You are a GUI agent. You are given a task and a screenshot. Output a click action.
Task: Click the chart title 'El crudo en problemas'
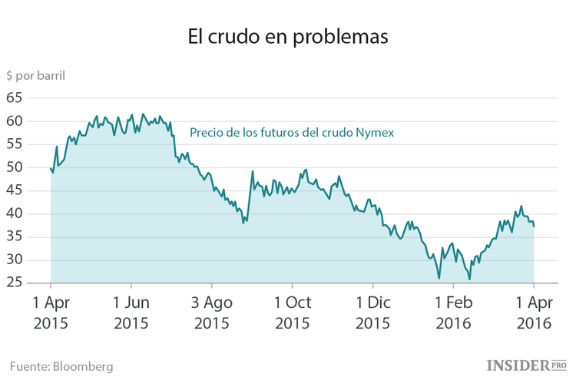click(x=288, y=36)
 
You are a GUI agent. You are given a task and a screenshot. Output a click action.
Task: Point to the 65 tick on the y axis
click(x=15, y=98)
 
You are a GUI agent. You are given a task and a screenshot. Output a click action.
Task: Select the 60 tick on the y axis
click(x=15, y=121)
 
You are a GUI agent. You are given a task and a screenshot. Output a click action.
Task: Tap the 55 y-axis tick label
click(x=15, y=144)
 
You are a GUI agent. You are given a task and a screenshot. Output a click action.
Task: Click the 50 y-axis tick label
click(x=15, y=167)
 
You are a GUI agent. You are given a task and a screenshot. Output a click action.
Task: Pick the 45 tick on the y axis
click(x=15, y=190)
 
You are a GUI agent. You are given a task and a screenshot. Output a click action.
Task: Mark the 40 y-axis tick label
click(x=15, y=213)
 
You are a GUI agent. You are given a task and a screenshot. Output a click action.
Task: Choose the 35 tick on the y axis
click(x=15, y=236)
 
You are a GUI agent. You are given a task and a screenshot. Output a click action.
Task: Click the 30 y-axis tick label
click(x=15, y=259)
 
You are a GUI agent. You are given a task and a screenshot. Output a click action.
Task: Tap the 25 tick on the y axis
click(x=15, y=283)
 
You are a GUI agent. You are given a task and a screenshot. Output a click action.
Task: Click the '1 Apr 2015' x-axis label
click(x=51, y=312)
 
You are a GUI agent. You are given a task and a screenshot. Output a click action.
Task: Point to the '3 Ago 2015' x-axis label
click(x=211, y=312)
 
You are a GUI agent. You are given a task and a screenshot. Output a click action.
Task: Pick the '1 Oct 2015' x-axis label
click(x=292, y=312)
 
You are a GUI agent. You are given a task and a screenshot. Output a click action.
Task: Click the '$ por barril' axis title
click(x=35, y=76)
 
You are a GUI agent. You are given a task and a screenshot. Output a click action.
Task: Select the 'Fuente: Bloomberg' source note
click(x=62, y=366)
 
